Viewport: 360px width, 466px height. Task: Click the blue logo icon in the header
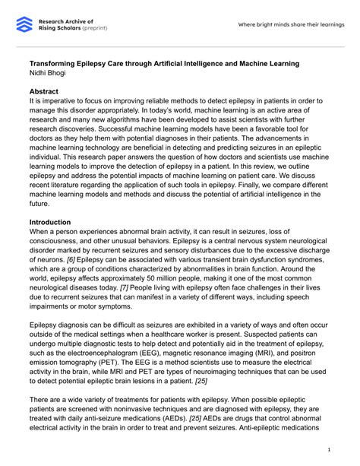[24, 24]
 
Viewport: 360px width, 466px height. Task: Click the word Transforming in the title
[57, 62]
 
